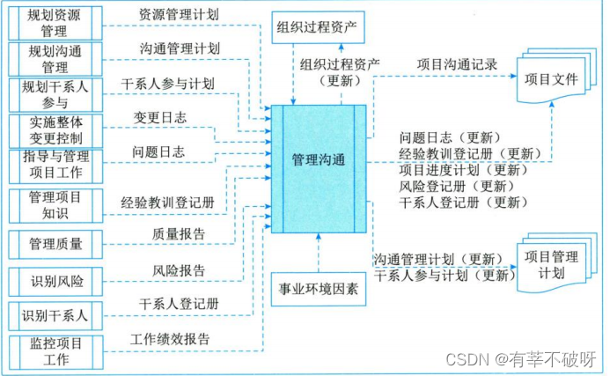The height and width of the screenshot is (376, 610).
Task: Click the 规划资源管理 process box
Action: [x=54, y=22]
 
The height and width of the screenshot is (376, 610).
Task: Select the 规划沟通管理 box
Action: [x=54, y=59]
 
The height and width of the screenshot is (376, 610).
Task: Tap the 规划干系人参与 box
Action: [x=54, y=95]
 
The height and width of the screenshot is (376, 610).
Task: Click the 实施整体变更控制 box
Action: [x=54, y=129]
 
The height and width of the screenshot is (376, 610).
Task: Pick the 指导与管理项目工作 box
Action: [x=54, y=165]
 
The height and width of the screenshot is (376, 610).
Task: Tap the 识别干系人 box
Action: [x=54, y=315]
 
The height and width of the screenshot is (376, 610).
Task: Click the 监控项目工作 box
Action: [x=54, y=350]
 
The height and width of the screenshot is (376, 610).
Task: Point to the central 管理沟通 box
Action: [x=318, y=162]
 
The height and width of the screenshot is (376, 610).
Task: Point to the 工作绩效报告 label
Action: [x=170, y=338]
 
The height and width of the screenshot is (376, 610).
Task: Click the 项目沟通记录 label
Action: [x=458, y=63]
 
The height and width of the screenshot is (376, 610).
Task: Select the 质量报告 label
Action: [x=180, y=233]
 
